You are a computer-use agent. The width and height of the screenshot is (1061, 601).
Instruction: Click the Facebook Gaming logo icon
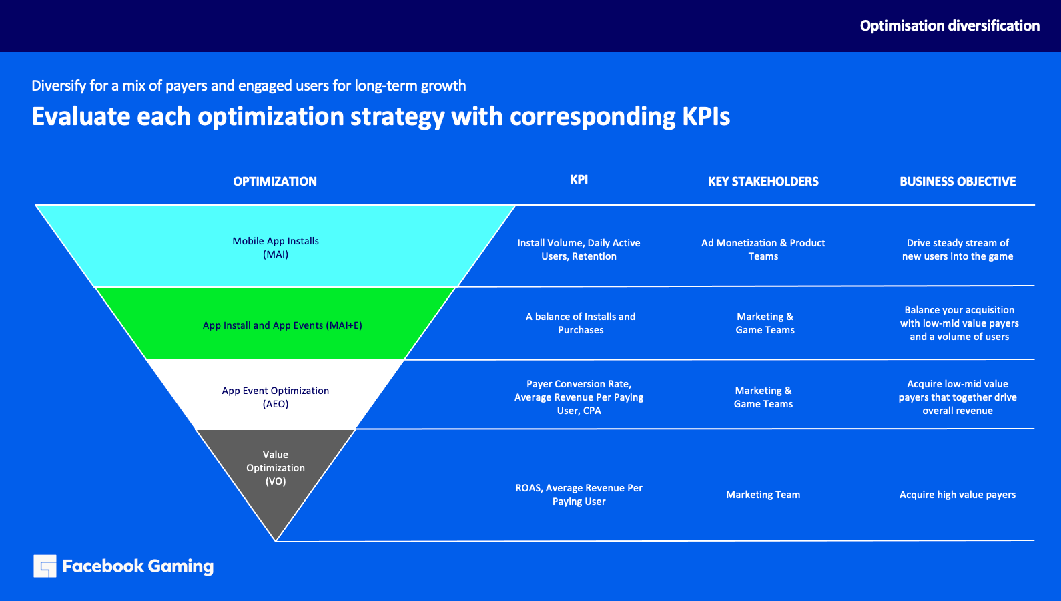45,566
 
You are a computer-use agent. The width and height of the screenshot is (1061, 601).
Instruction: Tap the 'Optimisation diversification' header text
950,25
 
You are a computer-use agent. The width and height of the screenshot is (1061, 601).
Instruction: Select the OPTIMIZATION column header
275,181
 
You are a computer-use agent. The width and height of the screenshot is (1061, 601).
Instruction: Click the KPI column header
579,179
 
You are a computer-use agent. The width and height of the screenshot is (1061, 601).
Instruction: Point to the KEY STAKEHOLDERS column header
763,181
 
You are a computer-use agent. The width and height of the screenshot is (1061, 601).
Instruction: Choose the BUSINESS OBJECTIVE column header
958,181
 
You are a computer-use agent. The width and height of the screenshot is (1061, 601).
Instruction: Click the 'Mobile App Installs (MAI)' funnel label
276,248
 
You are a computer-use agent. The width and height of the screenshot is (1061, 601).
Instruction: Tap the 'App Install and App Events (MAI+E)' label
282,325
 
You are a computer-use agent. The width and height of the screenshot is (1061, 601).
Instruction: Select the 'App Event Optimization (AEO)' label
275,397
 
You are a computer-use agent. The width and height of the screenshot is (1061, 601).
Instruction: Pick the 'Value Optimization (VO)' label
275,468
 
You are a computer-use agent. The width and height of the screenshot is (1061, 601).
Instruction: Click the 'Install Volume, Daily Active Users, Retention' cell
579,249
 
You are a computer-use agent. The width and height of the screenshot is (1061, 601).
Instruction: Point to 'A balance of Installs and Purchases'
581,323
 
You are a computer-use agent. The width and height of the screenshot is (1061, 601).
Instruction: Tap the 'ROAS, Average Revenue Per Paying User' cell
579,494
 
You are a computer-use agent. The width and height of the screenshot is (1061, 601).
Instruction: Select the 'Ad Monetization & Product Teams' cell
763,249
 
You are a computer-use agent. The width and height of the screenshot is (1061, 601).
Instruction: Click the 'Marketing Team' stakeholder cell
763,494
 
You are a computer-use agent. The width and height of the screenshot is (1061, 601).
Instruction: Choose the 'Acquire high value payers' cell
958,494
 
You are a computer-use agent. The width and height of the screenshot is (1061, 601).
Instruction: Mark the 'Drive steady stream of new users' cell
958,249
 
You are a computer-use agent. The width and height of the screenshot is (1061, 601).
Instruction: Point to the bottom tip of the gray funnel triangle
276,541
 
